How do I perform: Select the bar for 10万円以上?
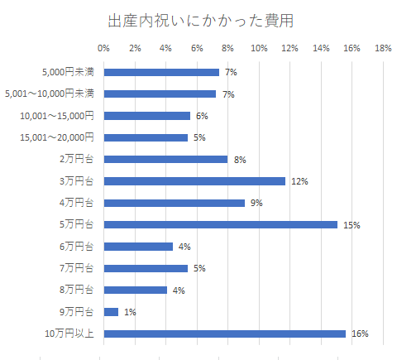(224, 334)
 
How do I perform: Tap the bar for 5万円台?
(220, 224)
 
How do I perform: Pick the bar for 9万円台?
(111, 312)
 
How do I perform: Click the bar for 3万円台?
(194, 180)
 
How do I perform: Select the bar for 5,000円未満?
(161, 72)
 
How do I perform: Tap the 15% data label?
(351, 225)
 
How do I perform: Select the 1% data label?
(130, 313)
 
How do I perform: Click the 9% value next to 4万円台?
(256, 203)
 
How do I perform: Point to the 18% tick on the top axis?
(383, 49)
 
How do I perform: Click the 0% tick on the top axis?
(103, 49)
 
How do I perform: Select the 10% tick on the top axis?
(258, 49)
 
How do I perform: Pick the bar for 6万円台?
(138, 247)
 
